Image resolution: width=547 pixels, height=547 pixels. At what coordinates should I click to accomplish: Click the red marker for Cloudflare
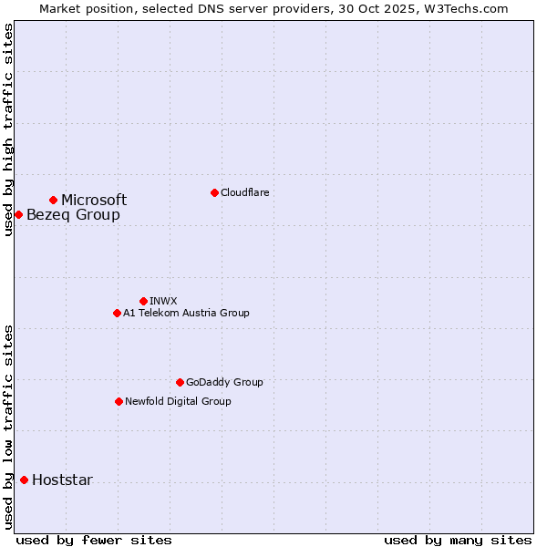pos(214,192)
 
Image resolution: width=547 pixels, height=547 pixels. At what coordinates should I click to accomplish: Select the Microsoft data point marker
pos(54,200)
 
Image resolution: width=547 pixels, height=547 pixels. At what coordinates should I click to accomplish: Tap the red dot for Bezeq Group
pos(18,214)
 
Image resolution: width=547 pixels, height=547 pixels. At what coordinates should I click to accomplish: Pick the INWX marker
pos(143,301)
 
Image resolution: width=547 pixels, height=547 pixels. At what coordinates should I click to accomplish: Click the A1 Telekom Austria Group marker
pos(117,313)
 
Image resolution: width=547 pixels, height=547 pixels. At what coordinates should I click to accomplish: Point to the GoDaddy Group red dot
pos(180,382)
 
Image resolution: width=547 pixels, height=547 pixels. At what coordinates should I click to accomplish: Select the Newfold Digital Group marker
pos(119,401)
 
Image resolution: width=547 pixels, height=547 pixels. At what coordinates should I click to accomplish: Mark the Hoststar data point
pos(24,480)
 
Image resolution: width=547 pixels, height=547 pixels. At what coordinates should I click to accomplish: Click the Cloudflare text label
pos(244,192)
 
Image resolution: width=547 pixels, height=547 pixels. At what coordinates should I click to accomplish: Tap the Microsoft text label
pos(94,200)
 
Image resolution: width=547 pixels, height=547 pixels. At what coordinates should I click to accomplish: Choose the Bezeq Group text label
pos(73,214)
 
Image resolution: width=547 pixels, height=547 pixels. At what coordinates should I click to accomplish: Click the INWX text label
pos(163,301)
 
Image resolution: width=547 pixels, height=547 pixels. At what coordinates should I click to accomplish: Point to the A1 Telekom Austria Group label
pos(186,313)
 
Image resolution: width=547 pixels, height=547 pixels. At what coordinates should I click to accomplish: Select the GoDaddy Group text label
pos(224,382)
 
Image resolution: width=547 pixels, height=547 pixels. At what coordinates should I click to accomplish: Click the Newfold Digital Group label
pos(178,401)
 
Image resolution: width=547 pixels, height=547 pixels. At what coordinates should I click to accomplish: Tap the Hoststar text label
pos(62,480)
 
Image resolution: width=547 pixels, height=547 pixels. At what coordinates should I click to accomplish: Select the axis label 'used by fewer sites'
pos(94,540)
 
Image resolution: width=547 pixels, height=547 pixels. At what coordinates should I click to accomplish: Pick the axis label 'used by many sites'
pos(458,540)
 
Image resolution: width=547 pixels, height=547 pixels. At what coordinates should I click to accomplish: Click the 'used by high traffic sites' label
pos(8,129)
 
